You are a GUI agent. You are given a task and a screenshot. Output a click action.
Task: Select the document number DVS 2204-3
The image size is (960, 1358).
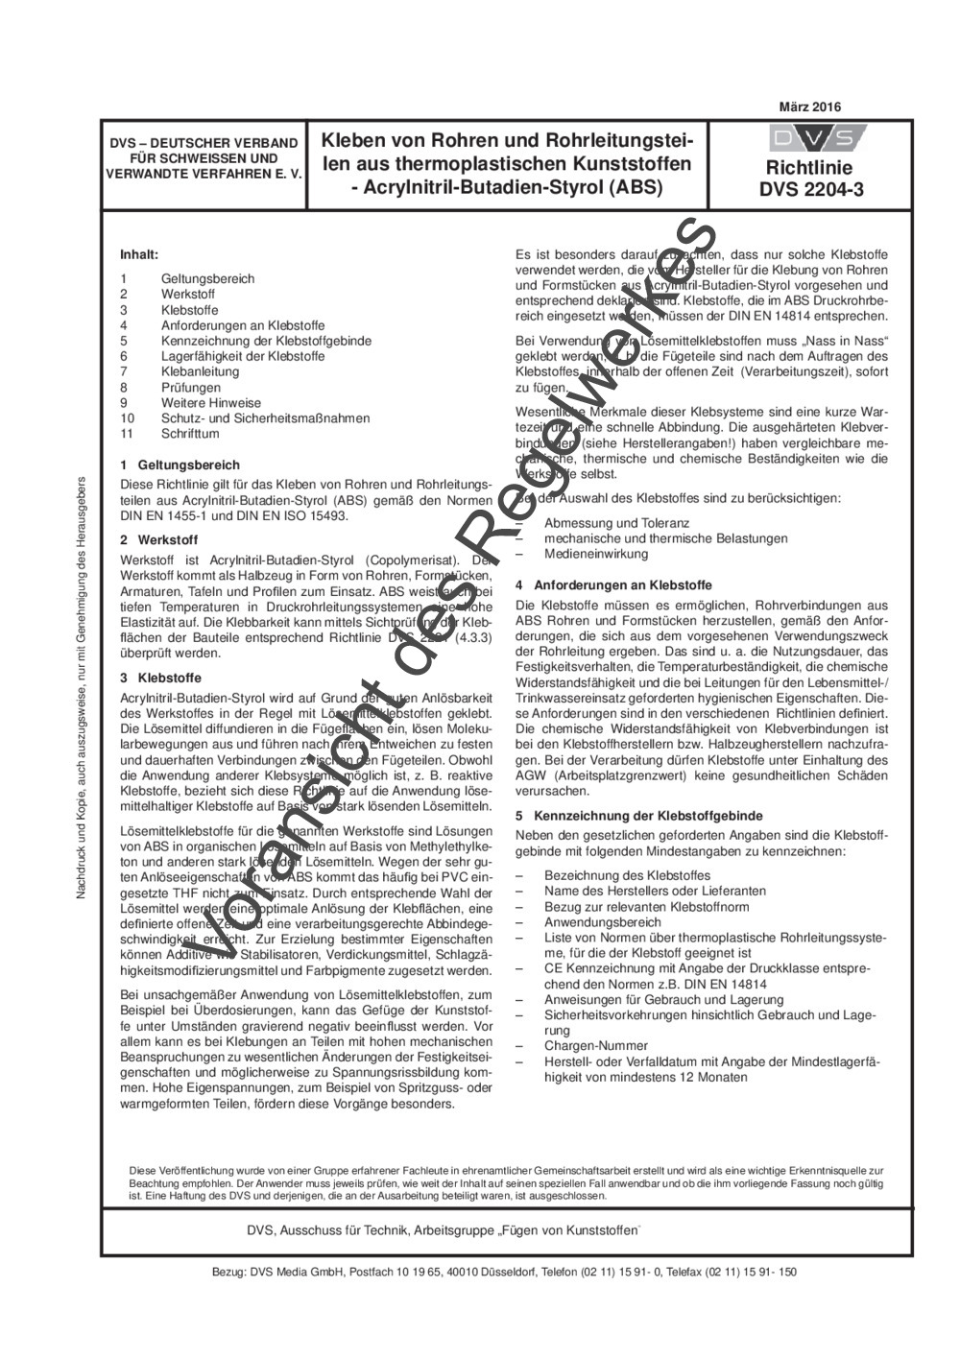tap(811, 189)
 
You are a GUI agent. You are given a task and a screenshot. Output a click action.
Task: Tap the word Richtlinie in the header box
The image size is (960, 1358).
tap(811, 168)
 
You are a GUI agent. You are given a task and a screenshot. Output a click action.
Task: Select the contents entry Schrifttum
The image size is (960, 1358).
tap(190, 434)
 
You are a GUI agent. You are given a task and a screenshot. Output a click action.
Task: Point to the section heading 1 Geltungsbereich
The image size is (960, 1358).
tap(180, 465)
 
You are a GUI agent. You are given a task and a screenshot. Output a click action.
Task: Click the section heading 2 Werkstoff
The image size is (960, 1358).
tap(160, 539)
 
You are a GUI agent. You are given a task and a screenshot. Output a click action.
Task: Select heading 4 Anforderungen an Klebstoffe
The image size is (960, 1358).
tap(613, 584)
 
